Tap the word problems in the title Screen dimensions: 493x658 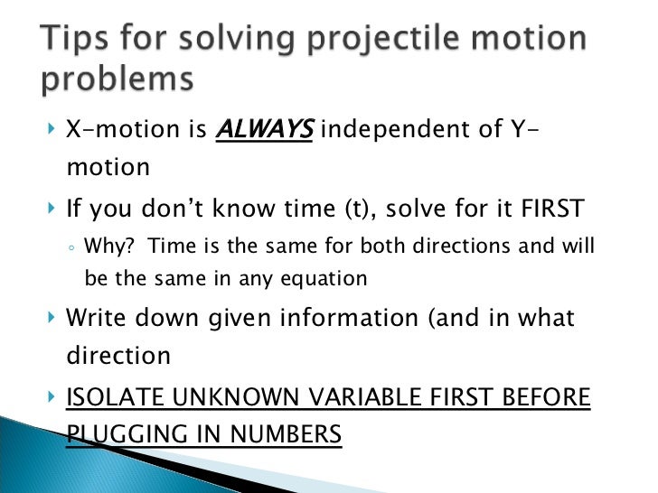pos(117,80)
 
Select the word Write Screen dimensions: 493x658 pos(96,318)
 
